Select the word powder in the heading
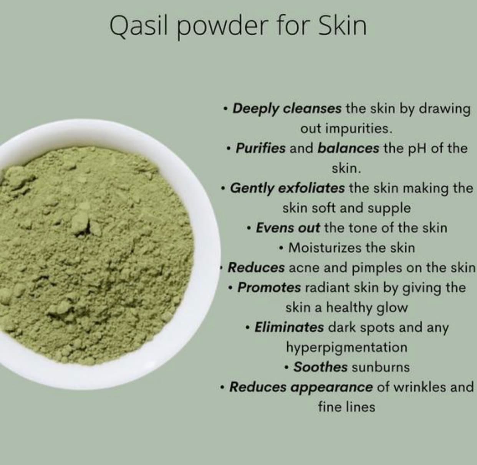pos(220,27)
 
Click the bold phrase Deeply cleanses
pos(287,109)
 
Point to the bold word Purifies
pos(260,148)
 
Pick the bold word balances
pos(348,148)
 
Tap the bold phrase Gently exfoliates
pos(287,188)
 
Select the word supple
pos(389,208)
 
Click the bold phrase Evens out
pos(288,228)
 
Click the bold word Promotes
pos(269,287)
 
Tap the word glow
pos(392,308)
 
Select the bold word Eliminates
pos(289,327)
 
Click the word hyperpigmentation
pos(346,347)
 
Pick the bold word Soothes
pos(320,367)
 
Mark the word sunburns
pos(381,367)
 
